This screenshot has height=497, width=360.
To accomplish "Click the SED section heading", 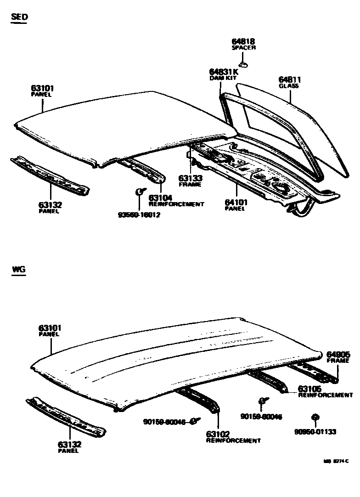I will click(x=19, y=17).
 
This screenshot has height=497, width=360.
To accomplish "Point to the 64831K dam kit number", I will click(x=224, y=72).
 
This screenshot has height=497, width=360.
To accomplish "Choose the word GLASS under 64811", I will click(x=289, y=86).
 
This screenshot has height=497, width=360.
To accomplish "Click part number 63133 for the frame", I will click(x=190, y=178).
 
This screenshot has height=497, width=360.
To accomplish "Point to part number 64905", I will click(x=338, y=355).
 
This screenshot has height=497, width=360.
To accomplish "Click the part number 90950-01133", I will click(x=315, y=432).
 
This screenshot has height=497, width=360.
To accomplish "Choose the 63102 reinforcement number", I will click(x=218, y=434).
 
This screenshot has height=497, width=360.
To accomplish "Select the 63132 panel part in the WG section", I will click(x=67, y=416).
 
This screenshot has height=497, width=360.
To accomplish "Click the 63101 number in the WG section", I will click(x=50, y=328).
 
